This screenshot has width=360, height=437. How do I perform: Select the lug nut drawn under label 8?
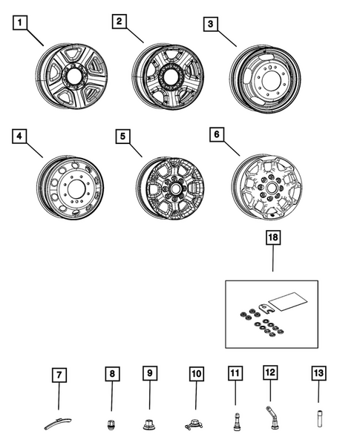(111, 425)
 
